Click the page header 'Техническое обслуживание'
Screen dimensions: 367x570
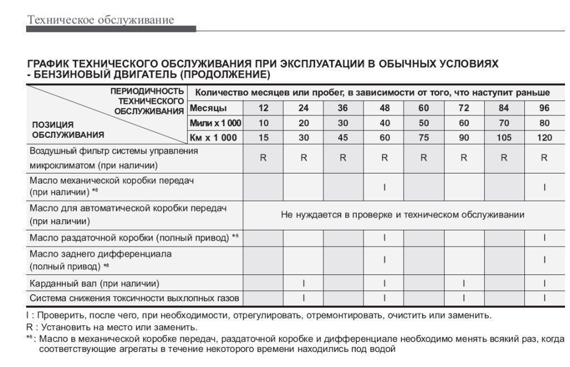100,21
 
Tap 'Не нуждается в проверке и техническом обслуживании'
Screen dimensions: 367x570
403,215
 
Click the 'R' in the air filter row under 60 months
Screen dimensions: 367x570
424,158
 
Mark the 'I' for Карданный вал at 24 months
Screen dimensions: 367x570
303,283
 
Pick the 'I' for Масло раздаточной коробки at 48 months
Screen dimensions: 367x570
384,238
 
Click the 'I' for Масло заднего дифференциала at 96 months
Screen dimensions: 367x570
544,260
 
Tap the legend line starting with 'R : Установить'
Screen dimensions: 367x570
112,327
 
